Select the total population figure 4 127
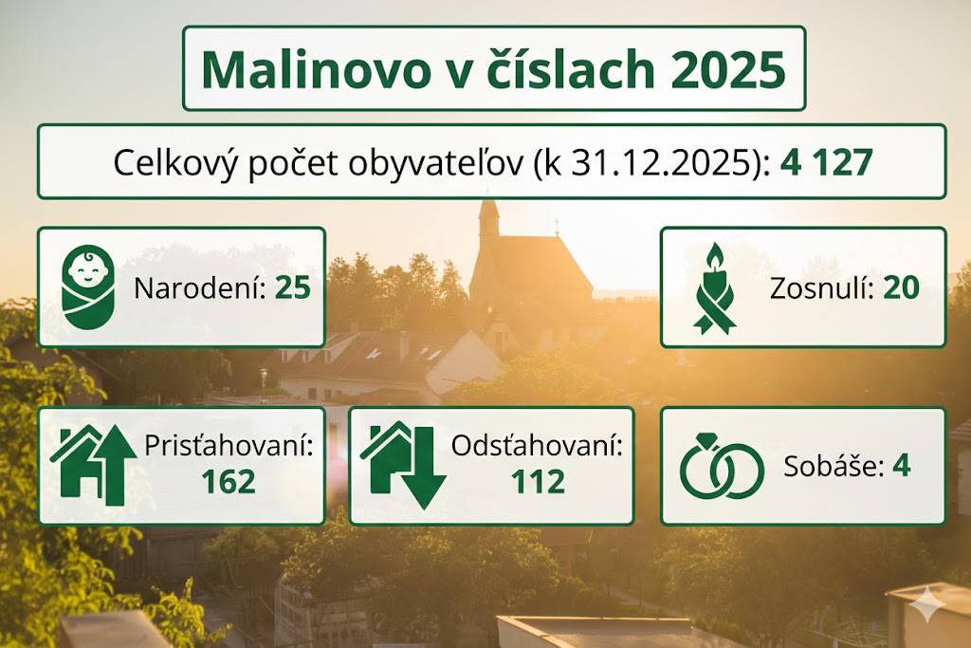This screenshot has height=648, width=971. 826,162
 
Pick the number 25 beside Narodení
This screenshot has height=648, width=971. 293,287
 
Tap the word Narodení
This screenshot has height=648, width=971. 200,287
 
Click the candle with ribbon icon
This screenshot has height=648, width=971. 714,287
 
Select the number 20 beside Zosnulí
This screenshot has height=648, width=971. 901,287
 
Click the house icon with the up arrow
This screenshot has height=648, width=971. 93,465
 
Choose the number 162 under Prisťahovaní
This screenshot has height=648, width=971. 228,482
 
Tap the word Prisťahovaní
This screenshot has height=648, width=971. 229,445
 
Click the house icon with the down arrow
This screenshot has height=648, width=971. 403,465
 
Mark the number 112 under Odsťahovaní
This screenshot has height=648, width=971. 538,482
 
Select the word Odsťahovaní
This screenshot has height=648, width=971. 538,445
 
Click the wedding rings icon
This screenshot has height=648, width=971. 722,468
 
